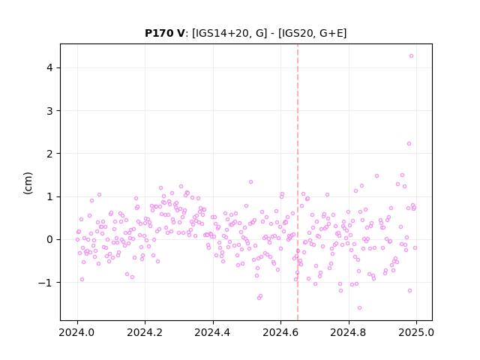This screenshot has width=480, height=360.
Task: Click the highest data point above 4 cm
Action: pos(411,56)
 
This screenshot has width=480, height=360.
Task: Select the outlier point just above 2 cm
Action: pos(409,143)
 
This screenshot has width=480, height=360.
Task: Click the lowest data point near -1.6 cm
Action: pos(359,307)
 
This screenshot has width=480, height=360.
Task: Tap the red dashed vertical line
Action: pos(298,182)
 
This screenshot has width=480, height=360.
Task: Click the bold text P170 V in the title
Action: pos(165,33)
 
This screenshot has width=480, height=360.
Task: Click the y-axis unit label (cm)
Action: pos(28,183)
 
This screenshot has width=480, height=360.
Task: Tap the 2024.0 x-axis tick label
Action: pos(77,332)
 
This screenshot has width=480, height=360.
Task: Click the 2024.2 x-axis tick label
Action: pos(145,332)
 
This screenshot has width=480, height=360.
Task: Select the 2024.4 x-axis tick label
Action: pos(213,332)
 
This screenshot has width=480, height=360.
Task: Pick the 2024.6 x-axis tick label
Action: pos(280,332)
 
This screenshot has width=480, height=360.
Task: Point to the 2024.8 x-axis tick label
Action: pos(348,332)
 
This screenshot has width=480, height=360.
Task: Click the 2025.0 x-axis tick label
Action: pos(416,332)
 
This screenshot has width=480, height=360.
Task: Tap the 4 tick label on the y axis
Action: pos(50,67)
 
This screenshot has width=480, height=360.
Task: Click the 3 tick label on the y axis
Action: pos(50,111)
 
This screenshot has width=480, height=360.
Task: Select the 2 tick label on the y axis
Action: pos(50,154)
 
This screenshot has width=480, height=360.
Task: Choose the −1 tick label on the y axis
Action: pos(46,283)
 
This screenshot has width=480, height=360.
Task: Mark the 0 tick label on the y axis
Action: pos(50,239)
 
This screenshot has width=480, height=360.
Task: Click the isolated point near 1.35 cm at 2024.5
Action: pos(250,181)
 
